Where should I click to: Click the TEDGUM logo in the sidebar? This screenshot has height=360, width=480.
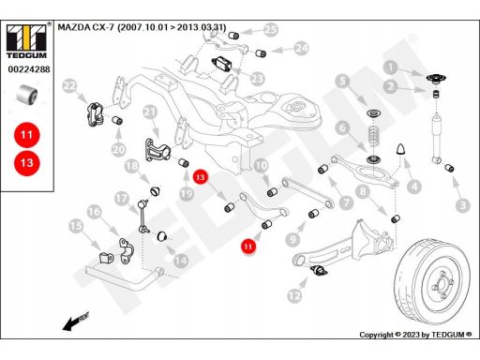(x=26, y=41)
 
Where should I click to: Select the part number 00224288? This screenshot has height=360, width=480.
(x=29, y=69)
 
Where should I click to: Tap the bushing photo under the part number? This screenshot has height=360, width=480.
(x=27, y=94)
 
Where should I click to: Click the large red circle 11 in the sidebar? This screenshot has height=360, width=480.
(x=26, y=135)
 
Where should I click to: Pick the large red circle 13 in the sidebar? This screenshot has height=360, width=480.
(x=26, y=163)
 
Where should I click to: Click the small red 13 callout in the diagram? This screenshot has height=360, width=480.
(x=201, y=177)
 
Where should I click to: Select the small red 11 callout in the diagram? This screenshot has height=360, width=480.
(x=248, y=247)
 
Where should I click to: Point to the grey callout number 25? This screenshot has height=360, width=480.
(x=271, y=30)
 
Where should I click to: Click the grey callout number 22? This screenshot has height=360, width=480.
(x=69, y=85)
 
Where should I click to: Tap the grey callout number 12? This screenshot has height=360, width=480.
(x=294, y=295)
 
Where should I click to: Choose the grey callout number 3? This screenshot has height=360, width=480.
(x=463, y=205)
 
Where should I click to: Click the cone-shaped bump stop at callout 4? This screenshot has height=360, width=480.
(x=400, y=149)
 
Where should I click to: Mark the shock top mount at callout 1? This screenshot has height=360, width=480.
(x=436, y=79)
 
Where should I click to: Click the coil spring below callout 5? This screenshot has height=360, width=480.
(x=374, y=136)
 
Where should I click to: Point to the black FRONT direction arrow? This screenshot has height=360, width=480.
(x=76, y=321)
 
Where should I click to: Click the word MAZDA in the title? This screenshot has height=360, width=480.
(x=74, y=27)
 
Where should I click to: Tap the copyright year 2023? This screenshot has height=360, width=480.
(x=412, y=335)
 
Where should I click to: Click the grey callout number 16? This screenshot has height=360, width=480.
(x=94, y=212)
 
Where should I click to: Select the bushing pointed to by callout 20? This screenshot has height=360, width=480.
(x=117, y=120)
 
